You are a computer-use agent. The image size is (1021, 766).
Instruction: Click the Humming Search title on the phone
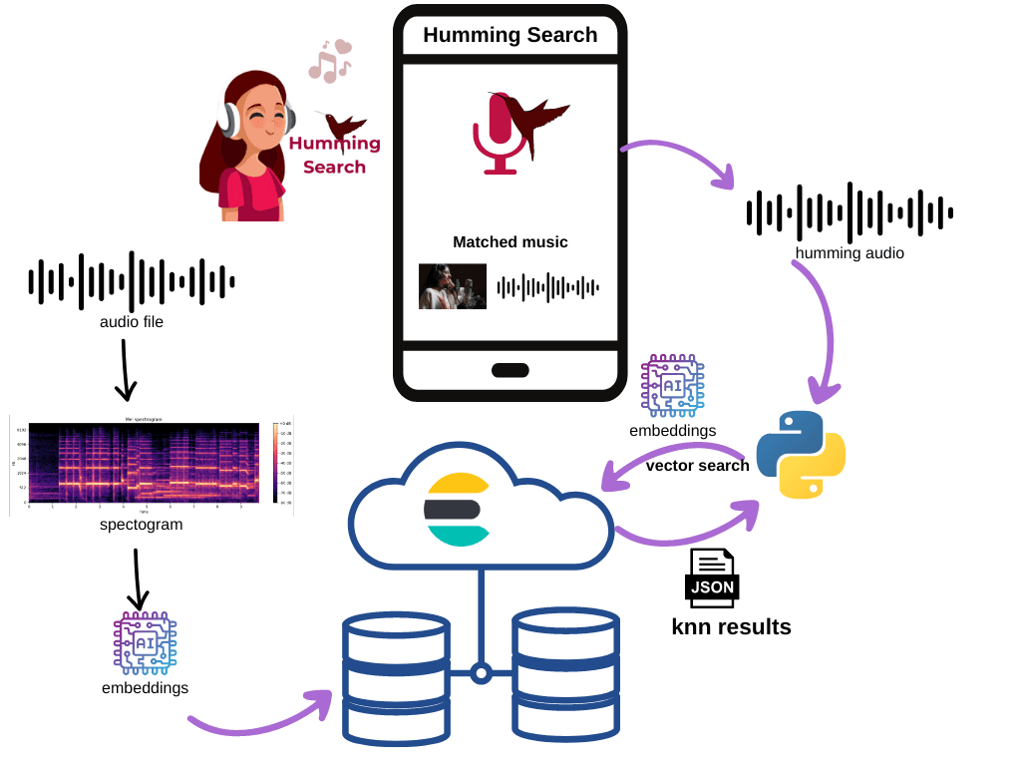(x=510, y=35)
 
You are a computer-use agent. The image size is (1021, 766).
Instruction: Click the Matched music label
(x=510, y=242)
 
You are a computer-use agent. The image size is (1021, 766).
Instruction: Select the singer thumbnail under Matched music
(x=452, y=286)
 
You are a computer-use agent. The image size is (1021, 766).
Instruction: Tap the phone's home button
(x=510, y=370)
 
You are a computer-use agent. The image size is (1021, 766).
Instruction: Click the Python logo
(x=801, y=454)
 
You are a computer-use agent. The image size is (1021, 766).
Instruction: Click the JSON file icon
(x=711, y=577)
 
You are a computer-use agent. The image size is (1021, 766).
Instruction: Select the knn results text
(x=731, y=627)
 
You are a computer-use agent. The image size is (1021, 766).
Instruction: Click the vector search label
(x=697, y=466)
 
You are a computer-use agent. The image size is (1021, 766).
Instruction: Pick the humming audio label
(x=850, y=253)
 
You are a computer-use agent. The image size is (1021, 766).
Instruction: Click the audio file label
(x=131, y=322)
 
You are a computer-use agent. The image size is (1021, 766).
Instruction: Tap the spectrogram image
(x=150, y=464)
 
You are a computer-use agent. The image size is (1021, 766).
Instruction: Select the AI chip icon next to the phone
(x=672, y=385)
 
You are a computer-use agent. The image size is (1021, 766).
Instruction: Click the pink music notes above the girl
(x=329, y=61)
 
